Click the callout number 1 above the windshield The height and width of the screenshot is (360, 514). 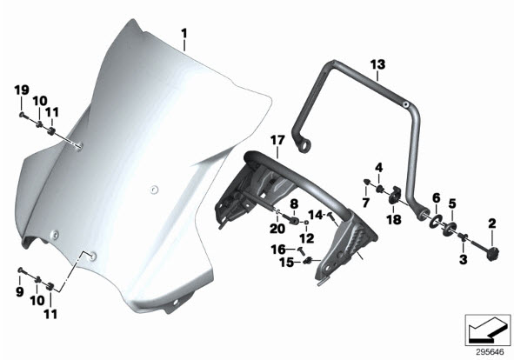tap(184, 33)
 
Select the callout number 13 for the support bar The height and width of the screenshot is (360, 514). tap(377, 64)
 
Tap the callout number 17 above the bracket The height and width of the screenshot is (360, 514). tap(277, 141)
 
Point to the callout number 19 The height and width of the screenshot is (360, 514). tap(22, 90)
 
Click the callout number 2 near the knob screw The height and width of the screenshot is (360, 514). tap(492, 224)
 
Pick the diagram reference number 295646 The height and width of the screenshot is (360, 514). tap(490, 352)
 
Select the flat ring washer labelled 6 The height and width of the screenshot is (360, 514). tap(436, 221)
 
